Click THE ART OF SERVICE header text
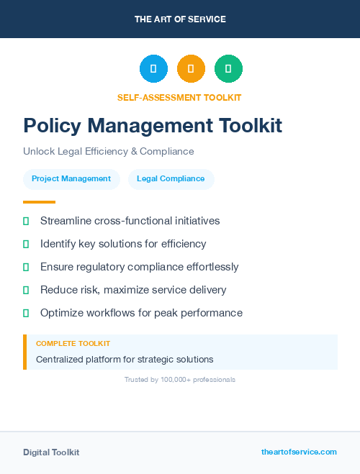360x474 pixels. tap(180, 19)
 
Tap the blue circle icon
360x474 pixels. tap(153, 69)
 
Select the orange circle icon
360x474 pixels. tap(191, 69)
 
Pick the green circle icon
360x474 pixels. tap(228, 69)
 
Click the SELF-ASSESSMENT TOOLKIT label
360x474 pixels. tap(179, 97)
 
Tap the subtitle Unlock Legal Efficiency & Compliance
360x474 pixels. tap(108, 151)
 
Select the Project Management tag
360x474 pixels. tap(71, 179)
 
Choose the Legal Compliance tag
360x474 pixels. tap(171, 179)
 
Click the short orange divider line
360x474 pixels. tap(39, 202)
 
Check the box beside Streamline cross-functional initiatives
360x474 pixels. tap(26, 221)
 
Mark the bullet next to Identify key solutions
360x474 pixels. tap(26, 244)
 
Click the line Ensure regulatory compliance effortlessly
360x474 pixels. tap(139, 267)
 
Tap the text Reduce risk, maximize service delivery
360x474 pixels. tap(133, 290)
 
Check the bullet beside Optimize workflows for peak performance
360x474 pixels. tap(26, 313)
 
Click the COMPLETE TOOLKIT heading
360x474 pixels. tap(73, 344)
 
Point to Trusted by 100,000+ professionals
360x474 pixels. tap(180, 379)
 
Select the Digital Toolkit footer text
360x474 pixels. tap(51, 452)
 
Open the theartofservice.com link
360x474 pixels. tap(299, 452)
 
